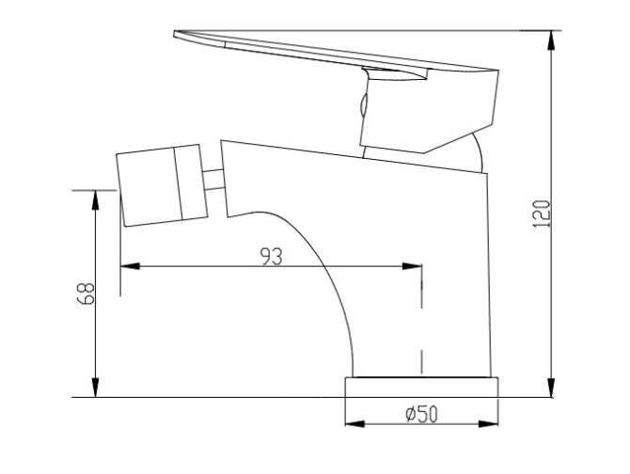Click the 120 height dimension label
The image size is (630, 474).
(x=542, y=213)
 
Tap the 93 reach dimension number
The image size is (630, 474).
(x=271, y=257)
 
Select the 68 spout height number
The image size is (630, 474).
(x=86, y=293)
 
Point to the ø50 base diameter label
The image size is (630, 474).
(x=421, y=414)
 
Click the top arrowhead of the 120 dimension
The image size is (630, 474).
(x=552, y=40)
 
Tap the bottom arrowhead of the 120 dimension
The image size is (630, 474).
(x=552, y=387)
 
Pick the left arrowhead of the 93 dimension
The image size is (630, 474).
(x=130, y=266)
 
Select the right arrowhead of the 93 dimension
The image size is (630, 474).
(x=412, y=266)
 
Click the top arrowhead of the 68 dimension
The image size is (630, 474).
(x=95, y=199)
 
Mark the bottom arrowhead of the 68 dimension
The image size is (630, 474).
(x=95, y=387)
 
